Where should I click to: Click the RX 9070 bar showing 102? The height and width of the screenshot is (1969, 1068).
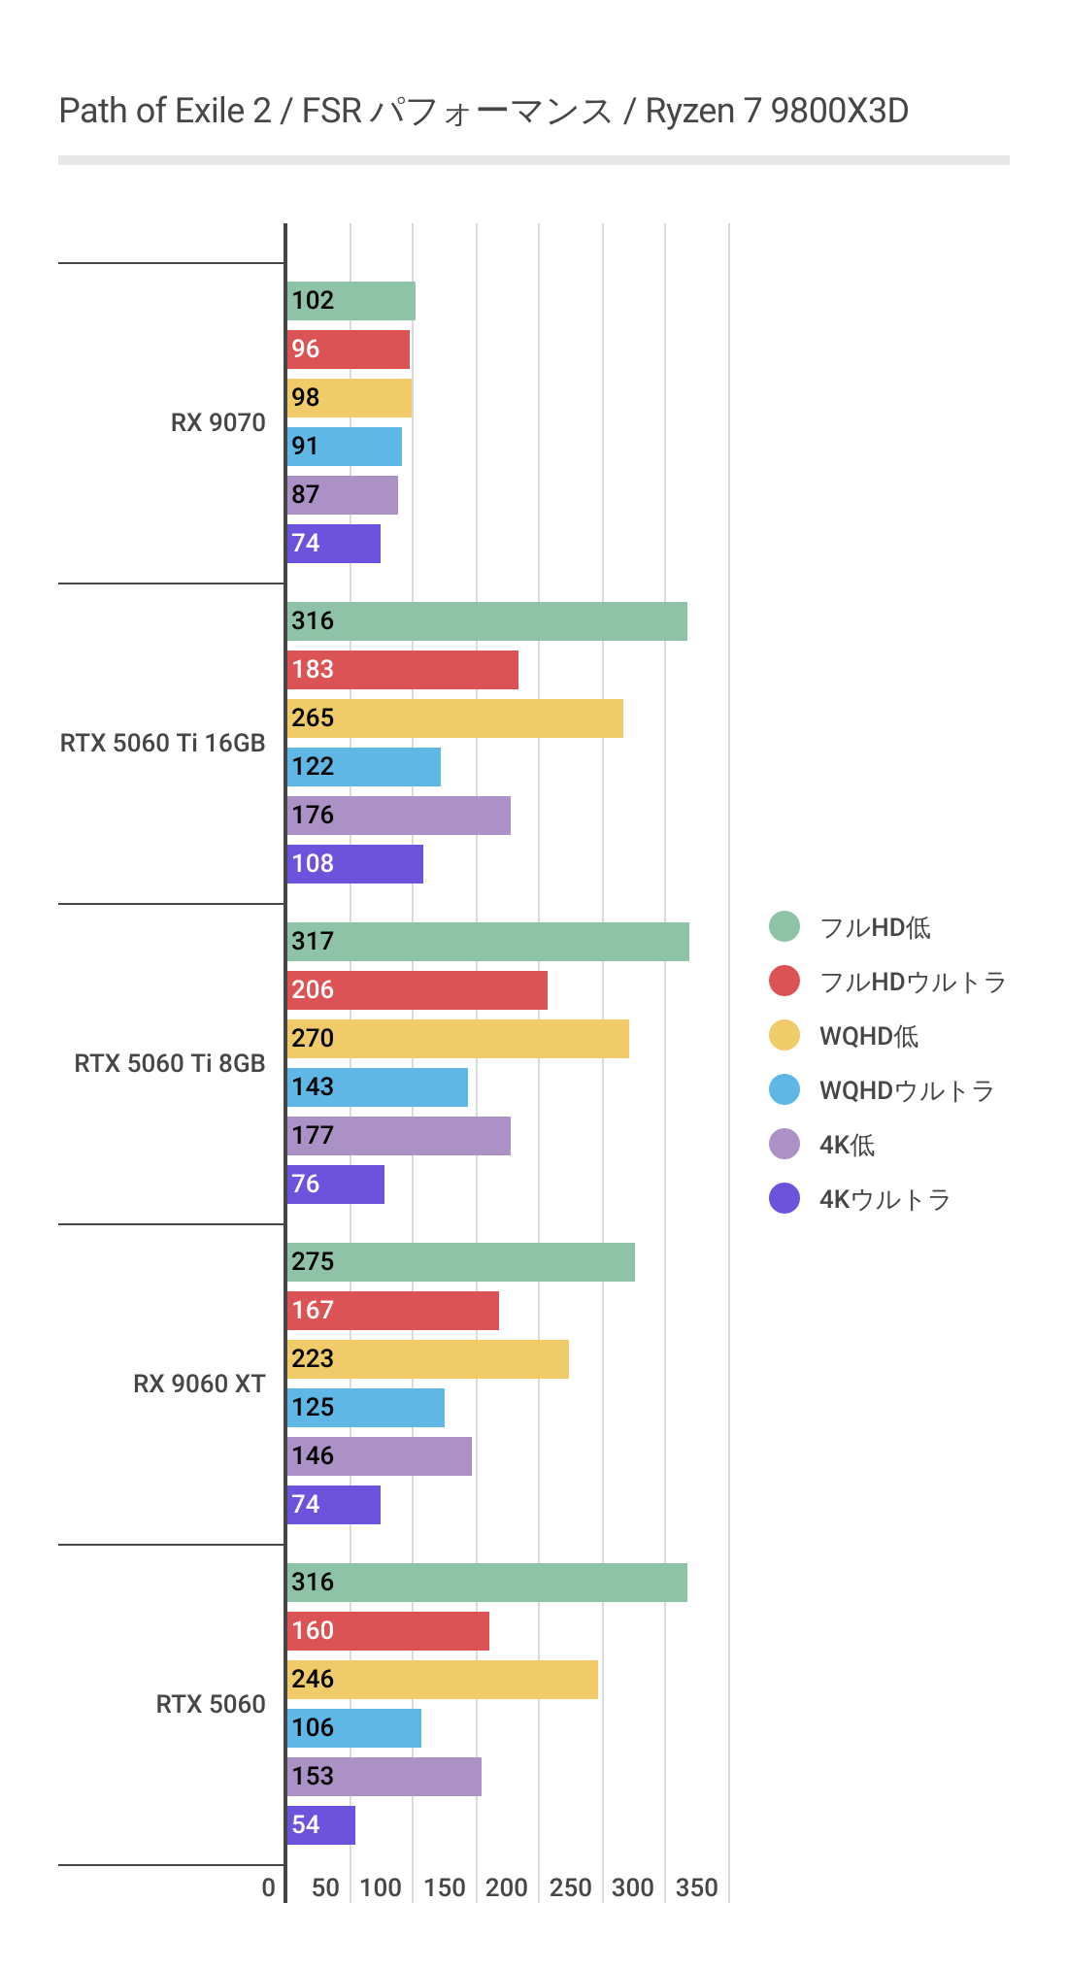coord(351,301)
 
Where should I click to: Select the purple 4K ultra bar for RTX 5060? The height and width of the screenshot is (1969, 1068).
coord(321,1825)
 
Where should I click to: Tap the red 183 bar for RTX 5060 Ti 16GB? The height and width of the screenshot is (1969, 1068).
coord(403,670)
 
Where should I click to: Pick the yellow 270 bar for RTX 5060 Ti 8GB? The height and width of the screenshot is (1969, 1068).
coord(458,1039)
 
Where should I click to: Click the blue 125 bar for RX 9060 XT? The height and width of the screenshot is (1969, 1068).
coord(366,1408)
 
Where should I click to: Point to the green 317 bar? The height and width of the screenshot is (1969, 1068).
coord(488,942)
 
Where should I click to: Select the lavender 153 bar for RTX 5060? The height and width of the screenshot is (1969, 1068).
coord(384,1777)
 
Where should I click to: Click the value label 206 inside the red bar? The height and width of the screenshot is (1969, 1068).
coord(313,990)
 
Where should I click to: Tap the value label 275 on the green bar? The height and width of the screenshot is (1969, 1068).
coord(313,1262)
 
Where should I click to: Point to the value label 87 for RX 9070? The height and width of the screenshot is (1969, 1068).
coord(306,495)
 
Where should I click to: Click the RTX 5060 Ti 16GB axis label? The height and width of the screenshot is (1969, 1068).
coord(162,744)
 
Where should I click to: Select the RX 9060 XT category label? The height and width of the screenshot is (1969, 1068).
coord(199,1385)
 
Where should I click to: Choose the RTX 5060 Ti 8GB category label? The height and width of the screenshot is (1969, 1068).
coord(170,1064)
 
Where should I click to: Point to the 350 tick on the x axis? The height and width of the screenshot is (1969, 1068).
coord(697,1888)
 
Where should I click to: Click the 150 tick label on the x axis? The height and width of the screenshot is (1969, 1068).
coord(445,1888)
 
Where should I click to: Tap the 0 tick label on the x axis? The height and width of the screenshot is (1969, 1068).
coord(269,1888)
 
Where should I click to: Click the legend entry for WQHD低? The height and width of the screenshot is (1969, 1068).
coord(868,1037)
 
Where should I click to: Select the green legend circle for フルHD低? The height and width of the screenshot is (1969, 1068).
coord(784,927)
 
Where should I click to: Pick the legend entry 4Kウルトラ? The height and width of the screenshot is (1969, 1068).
coord(884,1200)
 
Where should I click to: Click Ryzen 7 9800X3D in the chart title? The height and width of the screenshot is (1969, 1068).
coord(777,112)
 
